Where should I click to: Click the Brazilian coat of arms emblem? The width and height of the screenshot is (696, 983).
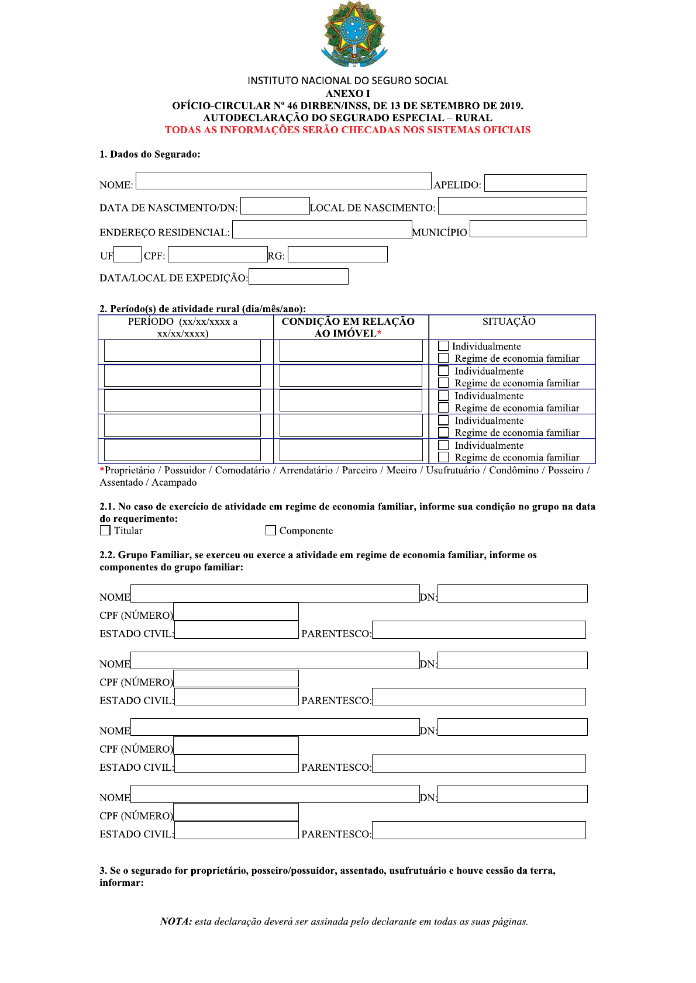[354, 34]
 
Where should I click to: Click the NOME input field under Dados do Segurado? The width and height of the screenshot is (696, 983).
[283, 181]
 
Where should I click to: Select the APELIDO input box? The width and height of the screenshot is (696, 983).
[535, 183]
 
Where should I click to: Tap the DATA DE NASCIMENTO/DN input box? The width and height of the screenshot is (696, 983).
[275, 206]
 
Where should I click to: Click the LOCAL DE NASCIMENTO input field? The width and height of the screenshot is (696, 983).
[512, 206]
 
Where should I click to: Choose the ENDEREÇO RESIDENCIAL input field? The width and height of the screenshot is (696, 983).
[322, 230]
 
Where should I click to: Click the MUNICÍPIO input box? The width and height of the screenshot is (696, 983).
[528, 229]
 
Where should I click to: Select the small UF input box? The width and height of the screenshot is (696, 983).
[128, 254]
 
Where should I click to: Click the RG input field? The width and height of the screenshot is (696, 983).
[337, 254]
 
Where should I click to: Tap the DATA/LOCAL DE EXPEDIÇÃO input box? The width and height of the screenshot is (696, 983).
[298, 276]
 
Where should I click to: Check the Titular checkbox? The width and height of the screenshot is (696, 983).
[105, 530]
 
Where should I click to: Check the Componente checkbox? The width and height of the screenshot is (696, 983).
[270, 530]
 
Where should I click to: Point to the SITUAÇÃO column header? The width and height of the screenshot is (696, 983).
[509, 321]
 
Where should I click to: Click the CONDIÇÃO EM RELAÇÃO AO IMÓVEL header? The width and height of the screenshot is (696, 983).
[349, 327]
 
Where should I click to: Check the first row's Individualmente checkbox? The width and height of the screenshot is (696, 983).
[443, 346]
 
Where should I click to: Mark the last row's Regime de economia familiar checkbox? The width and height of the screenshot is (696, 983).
[443, 457]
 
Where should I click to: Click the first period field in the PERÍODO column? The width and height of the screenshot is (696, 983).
[182, 351]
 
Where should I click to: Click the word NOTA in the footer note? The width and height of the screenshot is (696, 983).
[175, 922]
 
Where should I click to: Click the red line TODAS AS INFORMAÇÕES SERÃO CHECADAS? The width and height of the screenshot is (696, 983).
[347, 130]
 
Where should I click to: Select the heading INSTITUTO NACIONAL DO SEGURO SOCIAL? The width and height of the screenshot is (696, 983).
[347, 81]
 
